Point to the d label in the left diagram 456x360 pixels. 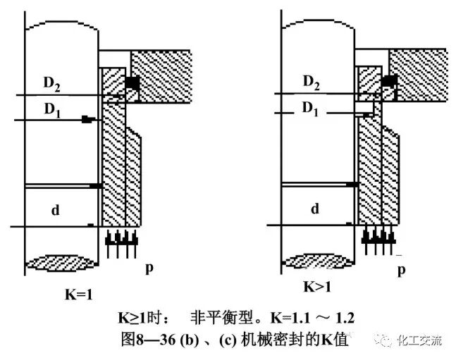pos(57,209)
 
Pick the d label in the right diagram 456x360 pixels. pos(315,209)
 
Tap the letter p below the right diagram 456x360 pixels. pos(402,270)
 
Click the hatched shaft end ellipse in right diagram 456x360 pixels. pos(319,263)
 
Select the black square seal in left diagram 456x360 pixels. pos(132,84)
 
